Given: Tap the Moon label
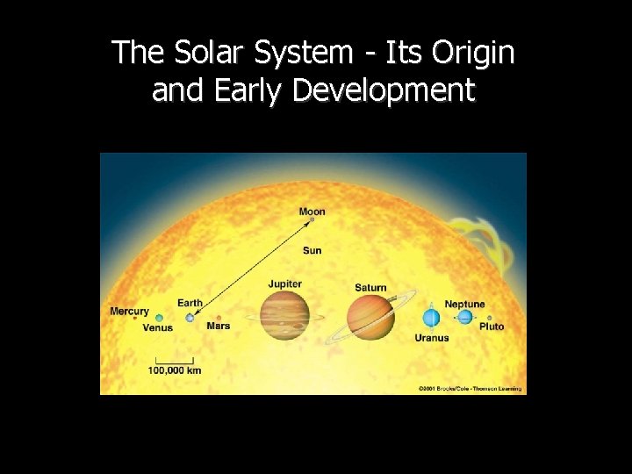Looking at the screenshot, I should tap(312, 212).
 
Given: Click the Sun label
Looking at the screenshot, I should tap(312, 251).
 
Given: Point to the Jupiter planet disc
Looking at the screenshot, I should tap(284, 316).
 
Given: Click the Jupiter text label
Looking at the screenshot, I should tap(285, 284).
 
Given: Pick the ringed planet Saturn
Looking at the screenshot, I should tap(371, 316).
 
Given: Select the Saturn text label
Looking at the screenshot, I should tap(370, 288).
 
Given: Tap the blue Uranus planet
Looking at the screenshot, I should tap(431, 317).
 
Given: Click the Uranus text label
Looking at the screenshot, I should tap(432, 338).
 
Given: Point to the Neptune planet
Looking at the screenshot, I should tap(464, 317).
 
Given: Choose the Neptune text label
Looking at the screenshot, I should tap(464, 305).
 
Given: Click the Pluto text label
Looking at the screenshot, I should tap(492, 327).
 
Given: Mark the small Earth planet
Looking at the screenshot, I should tap(190, 318).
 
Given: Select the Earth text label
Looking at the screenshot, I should tap(190, 304).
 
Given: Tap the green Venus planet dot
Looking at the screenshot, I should tap(159, 318).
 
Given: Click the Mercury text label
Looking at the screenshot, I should tap(129, 312).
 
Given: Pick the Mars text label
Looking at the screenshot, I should tap(219, 327).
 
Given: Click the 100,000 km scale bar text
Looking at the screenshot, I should tap(175, 370).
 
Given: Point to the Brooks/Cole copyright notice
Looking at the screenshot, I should tap(470, 388).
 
